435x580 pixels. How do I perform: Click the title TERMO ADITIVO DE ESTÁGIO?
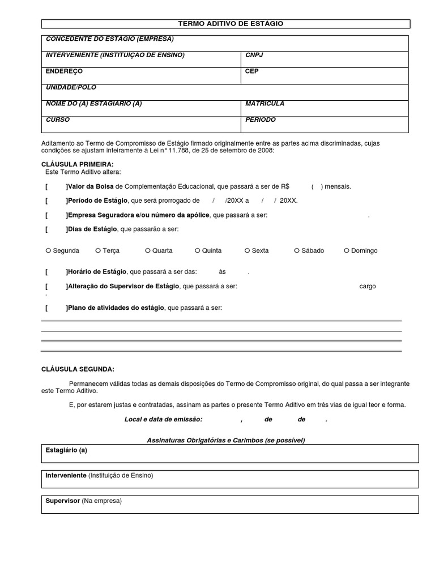[x=231, y=24]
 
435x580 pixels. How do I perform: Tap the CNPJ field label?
[x=254, y=55]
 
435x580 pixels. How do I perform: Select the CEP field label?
[x=252, y=71]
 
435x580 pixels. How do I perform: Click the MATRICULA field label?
[x=265, y=104]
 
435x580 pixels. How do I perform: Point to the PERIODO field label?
[x=261, y=120]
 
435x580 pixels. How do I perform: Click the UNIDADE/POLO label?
[x=71, y=88]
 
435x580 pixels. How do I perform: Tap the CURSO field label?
[x=57, y=120]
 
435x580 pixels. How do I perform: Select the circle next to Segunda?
[x=48, y=250]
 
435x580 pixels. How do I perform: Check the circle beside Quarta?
[x=148, y=250]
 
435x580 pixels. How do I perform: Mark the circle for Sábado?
[x=297, y=250]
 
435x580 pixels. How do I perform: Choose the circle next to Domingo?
[x=347, y=250]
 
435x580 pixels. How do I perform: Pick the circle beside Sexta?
[x=247, y=250]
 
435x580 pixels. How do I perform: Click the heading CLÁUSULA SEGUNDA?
[x=78, y=369]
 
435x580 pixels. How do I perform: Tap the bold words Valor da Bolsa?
[x=91, y=186]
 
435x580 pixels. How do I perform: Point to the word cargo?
[x=367, y=287]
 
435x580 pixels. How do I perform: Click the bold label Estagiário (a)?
[x=66, y=450]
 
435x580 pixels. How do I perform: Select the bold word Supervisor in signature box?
[x=62, y=501]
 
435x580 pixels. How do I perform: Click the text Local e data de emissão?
[x=163, y=420]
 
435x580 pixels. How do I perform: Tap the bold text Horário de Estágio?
[x=97, y=272]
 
